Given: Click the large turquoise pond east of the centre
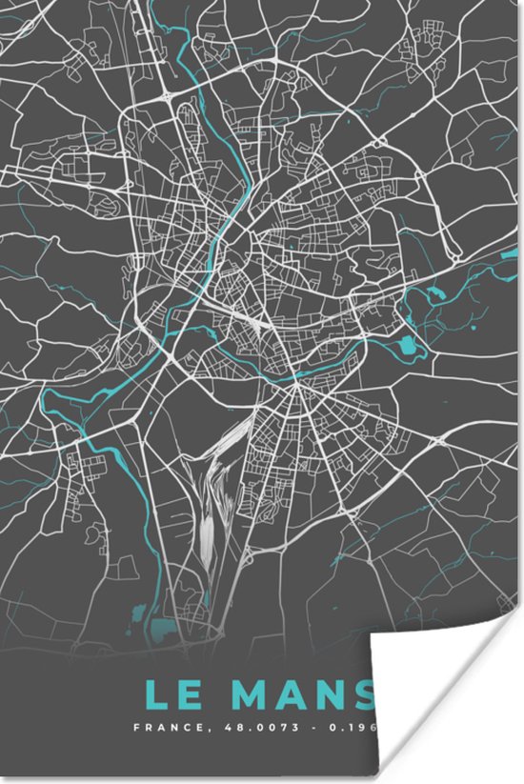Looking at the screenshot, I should pyautogui.click(x=410, y=345).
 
